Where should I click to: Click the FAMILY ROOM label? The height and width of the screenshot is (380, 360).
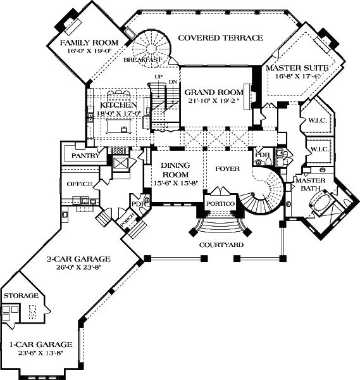(x=89, y=43)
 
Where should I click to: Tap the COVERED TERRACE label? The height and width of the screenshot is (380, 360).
(x=220, y=38)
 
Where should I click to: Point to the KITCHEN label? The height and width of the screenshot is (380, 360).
(x=118, y=105)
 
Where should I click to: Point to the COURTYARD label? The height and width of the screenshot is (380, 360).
(x=220, y=244)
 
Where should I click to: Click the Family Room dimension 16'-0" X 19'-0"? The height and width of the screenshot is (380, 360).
(x=89, y=53)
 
